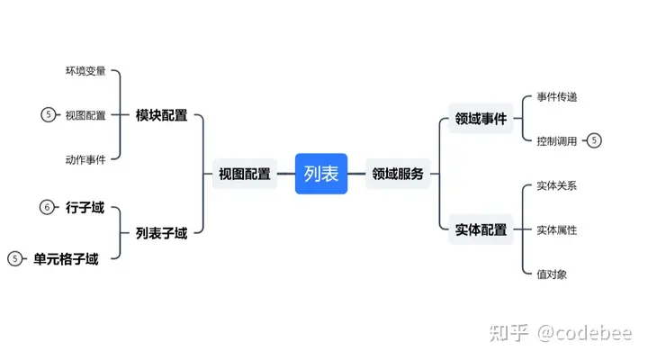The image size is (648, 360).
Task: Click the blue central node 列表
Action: [321, 174]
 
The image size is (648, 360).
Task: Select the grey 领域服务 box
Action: [398, 174]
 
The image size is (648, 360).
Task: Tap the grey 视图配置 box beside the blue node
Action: [245, 174]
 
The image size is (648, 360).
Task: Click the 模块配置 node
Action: [162, 115]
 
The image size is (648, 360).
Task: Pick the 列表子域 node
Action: [162, 233]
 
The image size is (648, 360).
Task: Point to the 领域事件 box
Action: [481, 119]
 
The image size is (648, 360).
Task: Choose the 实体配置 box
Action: [481, 229]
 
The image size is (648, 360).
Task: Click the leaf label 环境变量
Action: [85, 71]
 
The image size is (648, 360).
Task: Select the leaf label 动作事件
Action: [85, 159]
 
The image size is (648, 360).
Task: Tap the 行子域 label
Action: [85, 207]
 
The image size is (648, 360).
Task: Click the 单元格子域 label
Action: [66, 259]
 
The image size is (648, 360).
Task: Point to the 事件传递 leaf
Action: [557, 96]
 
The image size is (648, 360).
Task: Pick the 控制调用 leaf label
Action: [557, 141]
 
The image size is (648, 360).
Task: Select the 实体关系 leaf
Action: [557, 185]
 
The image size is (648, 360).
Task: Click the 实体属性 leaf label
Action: [557, 229]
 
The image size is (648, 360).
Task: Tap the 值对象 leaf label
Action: [552, 274]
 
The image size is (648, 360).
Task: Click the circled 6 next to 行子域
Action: [47, 207]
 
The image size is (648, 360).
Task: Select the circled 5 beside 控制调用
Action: [594, 140]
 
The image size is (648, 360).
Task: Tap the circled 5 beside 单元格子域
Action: [15, 258]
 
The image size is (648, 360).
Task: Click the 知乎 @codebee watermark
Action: [561, 333]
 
